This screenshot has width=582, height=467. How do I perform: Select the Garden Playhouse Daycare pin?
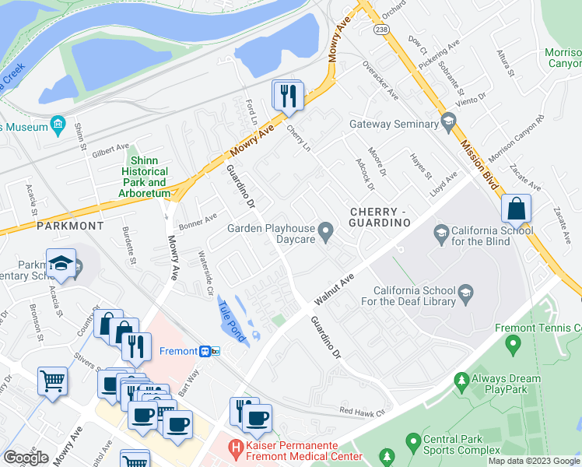[328, 230]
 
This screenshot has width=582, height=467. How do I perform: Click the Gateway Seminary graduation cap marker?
[447, 122]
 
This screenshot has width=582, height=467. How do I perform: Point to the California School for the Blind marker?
[441, 232]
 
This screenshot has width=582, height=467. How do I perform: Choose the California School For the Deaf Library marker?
[466, 293]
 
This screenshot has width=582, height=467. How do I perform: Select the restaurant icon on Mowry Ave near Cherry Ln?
[288, 95]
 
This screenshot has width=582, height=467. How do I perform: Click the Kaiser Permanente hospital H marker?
[234, 448]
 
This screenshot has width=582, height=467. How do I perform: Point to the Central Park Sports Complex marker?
[412, 444]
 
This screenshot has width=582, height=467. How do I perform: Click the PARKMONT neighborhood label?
[70, 226]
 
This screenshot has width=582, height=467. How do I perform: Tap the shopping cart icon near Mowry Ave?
[52, 381]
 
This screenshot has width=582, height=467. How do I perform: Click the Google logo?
[26, 458]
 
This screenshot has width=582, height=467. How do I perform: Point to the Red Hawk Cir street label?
[362, 410]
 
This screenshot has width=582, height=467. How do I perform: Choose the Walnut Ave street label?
[334, 289]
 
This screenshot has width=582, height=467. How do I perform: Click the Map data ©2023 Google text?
[533, 461]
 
